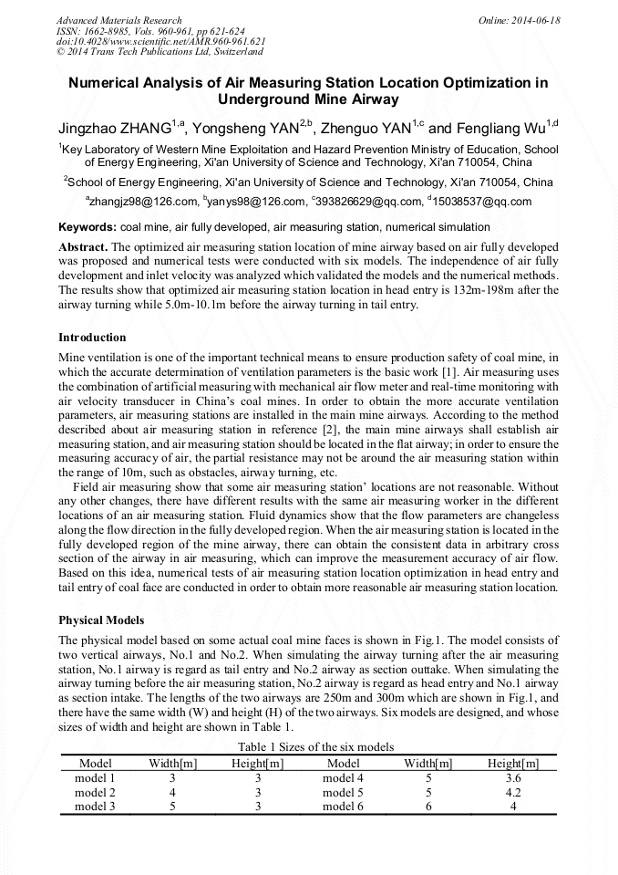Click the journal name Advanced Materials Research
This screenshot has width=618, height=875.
(x=118, y=20)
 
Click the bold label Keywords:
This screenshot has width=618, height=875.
(x=87, y=226)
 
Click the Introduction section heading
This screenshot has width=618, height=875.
(x=92, y=338)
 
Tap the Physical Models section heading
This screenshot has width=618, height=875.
(x=101, y=620)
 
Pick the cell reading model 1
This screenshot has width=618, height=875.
(x=95, y=778)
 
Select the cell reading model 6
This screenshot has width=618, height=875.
(x=343, y=807)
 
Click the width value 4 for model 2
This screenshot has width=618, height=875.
(x=172, y=793)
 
